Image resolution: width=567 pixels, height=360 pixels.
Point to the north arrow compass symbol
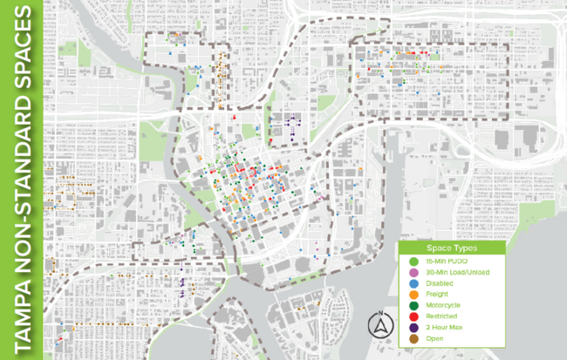click(x=380, y=325)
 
